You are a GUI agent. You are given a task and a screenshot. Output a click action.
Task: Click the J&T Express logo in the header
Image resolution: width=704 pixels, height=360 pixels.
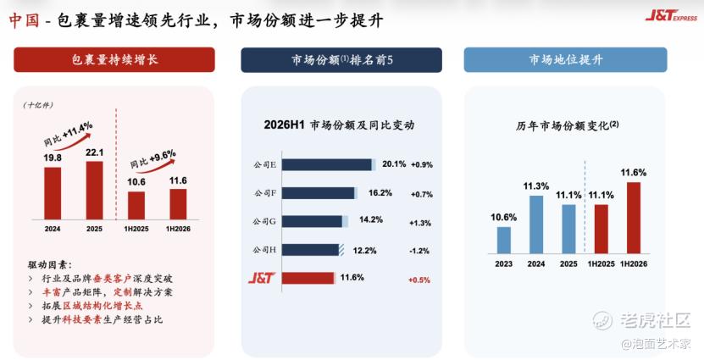tap(671, 16)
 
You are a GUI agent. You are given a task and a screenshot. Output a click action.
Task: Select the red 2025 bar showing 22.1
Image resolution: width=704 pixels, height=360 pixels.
tap(94, 191)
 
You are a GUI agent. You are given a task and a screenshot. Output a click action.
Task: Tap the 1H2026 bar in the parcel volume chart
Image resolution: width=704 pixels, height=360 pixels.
tap(178, 204)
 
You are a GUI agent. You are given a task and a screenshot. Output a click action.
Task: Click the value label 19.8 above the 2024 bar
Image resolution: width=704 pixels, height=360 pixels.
tap(53, 158)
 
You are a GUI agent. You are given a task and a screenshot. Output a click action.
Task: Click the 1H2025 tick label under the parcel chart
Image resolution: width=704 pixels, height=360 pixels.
tap(136, 229)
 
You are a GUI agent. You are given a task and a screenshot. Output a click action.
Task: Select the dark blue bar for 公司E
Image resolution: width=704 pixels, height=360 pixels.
tap(327, 164)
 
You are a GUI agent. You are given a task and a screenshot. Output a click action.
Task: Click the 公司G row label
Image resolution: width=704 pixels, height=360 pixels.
tap(264, 221)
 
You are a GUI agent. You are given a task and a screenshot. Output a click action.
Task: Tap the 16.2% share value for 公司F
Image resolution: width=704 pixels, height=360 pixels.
tap(380, 193)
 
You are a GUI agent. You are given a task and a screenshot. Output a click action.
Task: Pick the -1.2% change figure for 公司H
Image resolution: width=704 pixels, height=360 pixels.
tap(419, 251)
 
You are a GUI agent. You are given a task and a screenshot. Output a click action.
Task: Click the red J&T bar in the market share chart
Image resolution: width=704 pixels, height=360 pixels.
tap(308, 278)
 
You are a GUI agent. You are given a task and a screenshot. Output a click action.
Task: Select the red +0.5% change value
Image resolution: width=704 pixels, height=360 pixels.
tap(419, 280)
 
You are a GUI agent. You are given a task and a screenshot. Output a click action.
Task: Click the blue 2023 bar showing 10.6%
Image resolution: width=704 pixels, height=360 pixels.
tap(504, 241)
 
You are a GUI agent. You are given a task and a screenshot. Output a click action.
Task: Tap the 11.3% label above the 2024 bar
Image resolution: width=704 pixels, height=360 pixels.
tap(536, 186)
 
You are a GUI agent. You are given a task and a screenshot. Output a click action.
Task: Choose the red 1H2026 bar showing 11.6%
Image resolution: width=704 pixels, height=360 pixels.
tap(634, 218)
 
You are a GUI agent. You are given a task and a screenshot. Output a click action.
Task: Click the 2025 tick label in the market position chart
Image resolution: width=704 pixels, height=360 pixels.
tap(568, 264)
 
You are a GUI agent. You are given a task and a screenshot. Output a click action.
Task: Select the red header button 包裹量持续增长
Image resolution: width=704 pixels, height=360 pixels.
tap(114, 59)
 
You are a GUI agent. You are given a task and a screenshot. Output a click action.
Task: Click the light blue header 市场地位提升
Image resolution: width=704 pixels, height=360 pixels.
tap(566, 59)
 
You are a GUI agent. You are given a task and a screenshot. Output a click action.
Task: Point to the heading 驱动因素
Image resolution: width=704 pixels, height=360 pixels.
tap(49, 265)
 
